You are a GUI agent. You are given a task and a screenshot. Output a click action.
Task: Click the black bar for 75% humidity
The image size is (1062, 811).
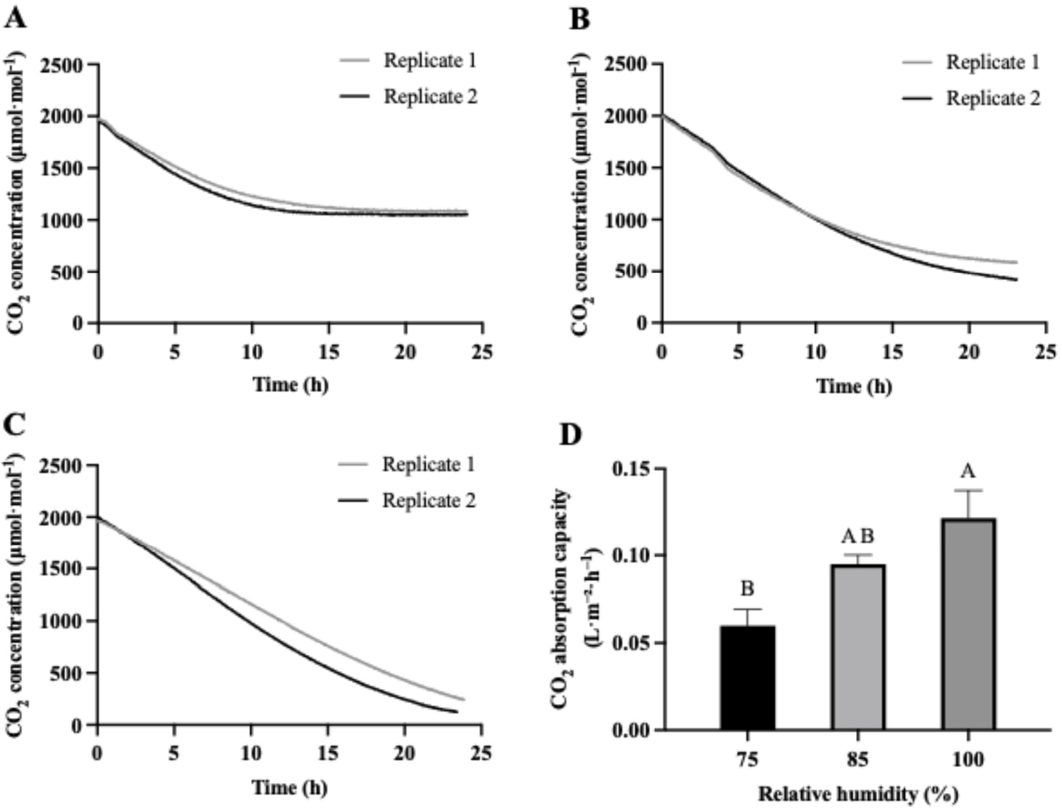coord(747,678)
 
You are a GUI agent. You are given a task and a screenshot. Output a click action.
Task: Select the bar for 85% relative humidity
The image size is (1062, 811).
coord(858,647)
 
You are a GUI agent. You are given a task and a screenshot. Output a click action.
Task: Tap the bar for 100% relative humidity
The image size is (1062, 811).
coord(968,625)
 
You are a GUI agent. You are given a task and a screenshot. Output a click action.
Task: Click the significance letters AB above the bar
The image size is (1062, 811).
coord(858,537)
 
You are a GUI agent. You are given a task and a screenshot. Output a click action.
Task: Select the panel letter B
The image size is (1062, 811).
coord(579,20)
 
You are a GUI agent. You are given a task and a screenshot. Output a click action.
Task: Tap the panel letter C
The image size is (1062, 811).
coord(15,424)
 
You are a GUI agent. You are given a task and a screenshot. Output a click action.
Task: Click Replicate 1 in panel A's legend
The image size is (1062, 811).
coord(430,61)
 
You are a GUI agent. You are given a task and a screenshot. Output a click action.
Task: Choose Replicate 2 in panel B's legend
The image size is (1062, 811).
coord(992,99)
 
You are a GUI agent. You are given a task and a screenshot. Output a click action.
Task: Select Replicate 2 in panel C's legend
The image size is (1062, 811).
coord(429,501)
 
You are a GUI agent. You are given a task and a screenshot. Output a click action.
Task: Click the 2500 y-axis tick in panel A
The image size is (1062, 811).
coord(61,64)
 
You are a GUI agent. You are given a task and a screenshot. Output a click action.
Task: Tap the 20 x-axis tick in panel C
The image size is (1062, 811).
coord(405,753)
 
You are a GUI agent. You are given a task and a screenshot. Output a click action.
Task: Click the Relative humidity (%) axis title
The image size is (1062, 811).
coord(858,794)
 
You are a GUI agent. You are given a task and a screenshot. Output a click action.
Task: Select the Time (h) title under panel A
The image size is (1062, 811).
coord(290,384)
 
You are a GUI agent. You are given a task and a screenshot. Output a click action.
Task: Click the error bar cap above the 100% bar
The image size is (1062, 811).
coord(968,491)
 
